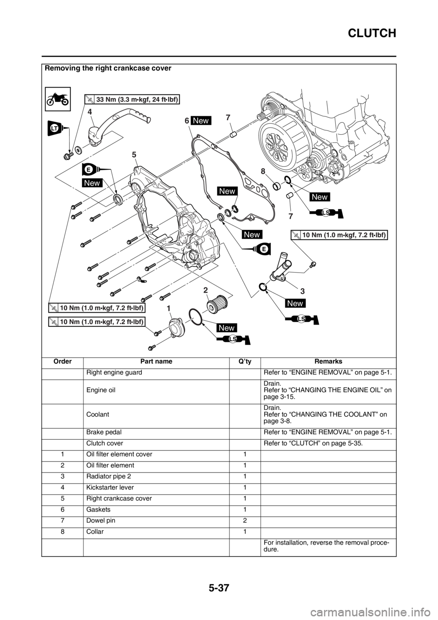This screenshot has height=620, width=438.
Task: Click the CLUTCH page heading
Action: pos(372,33)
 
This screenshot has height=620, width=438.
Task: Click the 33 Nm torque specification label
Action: pos(132,99)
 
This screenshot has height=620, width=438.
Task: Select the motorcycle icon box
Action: pos(58,99)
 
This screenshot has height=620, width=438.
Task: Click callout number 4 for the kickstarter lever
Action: pos(89,112)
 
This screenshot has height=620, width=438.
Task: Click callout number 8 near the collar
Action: pos(262,171)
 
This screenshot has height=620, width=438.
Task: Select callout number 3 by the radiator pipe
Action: pos(302,291)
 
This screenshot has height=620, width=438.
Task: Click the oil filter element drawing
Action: pos(217,304)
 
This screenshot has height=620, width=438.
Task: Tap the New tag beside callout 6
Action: pos(201,121)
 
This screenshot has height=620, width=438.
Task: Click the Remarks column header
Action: pos(328,361)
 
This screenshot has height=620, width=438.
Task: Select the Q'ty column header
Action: pos(245,361)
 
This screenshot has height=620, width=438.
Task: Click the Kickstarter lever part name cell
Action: pos(110,487)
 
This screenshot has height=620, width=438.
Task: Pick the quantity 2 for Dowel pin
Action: pos(245,520)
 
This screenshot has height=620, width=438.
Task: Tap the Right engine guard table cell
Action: pos(114,372)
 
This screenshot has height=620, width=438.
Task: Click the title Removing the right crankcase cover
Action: pos(108,68)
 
